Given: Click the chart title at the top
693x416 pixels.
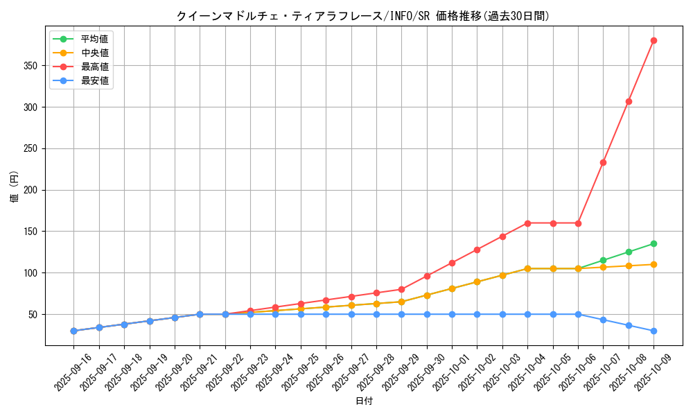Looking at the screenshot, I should [362, 16].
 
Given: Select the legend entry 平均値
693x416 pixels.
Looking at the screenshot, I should [94, 39].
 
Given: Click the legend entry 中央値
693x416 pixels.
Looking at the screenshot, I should [94, 53].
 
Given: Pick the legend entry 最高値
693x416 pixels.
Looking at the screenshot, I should [94, 67].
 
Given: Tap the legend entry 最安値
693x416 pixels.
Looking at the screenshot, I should [94, 80].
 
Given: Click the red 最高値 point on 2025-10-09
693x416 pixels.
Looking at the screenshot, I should [653, 40].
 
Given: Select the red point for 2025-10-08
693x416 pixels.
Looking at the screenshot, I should [629, 101].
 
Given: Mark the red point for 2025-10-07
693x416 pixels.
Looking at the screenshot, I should [603, 162].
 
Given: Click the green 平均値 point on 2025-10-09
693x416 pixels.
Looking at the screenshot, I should [653, 243].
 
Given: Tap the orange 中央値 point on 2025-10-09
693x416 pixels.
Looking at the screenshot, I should [653, 264].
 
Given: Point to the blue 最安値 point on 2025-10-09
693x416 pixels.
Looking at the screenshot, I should [653, 331].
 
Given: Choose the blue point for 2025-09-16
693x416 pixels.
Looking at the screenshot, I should [73, 331].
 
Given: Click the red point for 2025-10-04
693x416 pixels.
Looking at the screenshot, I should [527, 223].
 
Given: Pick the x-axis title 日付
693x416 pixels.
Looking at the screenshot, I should [363, 401].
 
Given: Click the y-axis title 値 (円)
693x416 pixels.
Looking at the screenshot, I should [15, 187].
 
